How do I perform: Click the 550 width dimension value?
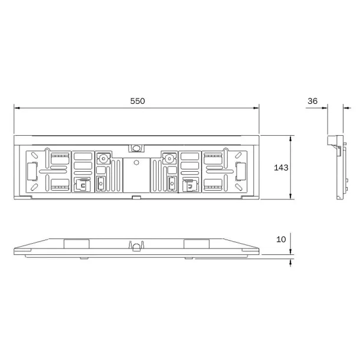pos(137,101)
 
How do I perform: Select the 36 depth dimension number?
pos(313,101)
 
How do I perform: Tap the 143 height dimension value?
pos(282,168)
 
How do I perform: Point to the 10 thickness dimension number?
pos(280,239)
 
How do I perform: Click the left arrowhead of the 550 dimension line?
pos(17,108)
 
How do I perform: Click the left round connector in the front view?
pos(103,158)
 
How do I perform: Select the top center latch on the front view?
pos(136,148)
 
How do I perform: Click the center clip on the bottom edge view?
pos(136,245)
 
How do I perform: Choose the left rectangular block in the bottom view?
pos(76,243)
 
